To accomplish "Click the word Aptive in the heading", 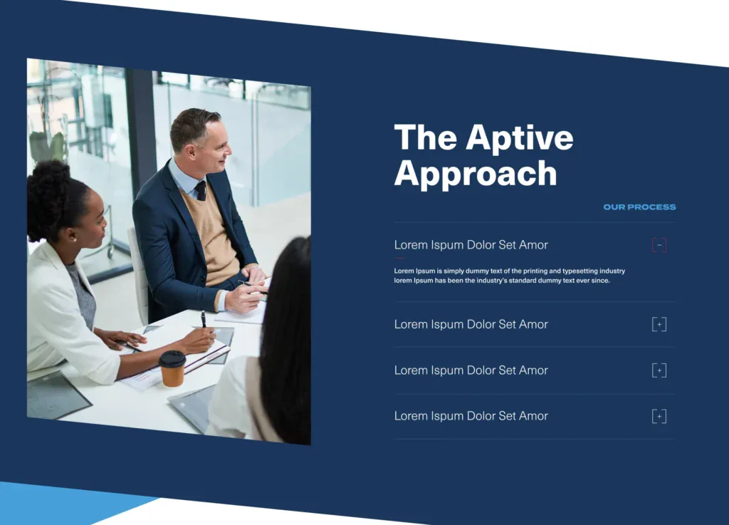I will click(x=520, y=137).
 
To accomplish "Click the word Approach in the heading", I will click(x=476, y=174).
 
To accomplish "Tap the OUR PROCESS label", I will click(x=639, y=207).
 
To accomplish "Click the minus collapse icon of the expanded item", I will click(x=659, y=246).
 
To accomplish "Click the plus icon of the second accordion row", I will click(x=659, y=325).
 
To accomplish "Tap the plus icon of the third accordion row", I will click(x=659, y=370).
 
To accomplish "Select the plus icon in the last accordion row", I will click(x=659, y=417).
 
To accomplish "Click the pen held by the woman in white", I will click(x=203, y=320).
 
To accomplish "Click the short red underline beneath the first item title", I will click(x=399, y=258).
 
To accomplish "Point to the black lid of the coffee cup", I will click(x=172, y=358).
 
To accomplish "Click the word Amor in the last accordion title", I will click(x=533, y=416).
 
